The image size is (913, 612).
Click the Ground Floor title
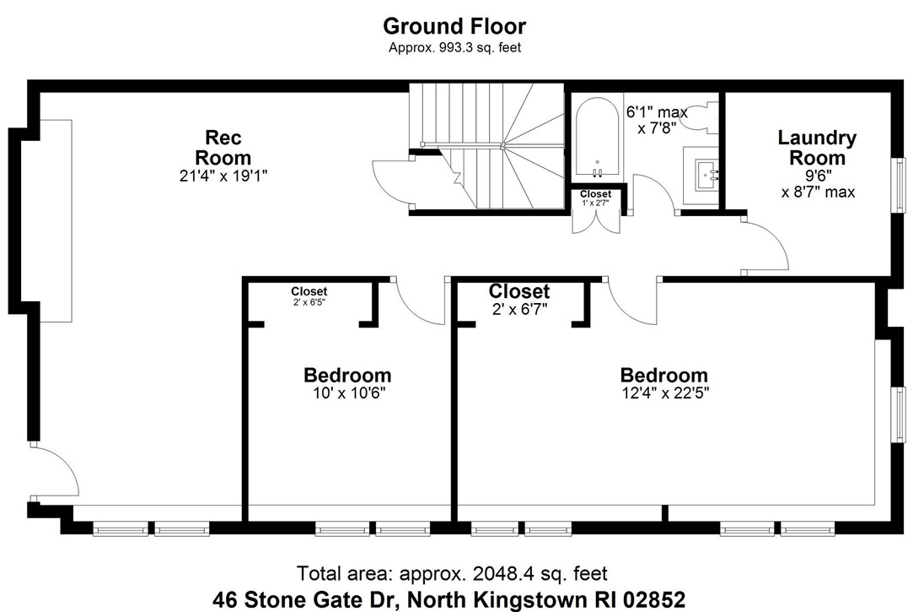pyautogui.click(x=454, y=26)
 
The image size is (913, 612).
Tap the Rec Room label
pyautogui.click(x=223, y=147)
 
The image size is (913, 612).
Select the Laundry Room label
pyautogui.click(x=816, y=147)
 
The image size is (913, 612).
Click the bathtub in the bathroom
pyautogui.click(x=597, y=140)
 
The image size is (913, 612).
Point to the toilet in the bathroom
pyautogui.click(x=697, y=116)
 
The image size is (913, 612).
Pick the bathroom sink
pyautogui.click(x=702, y=176)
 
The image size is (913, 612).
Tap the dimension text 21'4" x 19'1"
pyautogui.click(x=223, y=176)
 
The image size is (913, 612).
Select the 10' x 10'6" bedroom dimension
pyautogui.click(x=346, y=393)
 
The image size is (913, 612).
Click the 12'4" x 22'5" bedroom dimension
pyautogui.click(x=663, y=393)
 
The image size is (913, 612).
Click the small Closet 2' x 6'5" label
pyautogui.click(x=309, y=295)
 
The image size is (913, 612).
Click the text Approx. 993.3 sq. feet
pyautogui.click(x=454, y=48)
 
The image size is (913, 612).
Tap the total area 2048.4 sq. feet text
pyautogui.click(x=452, y=574)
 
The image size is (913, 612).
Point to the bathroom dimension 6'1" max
pyautogui.click(x=656, y=111)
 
